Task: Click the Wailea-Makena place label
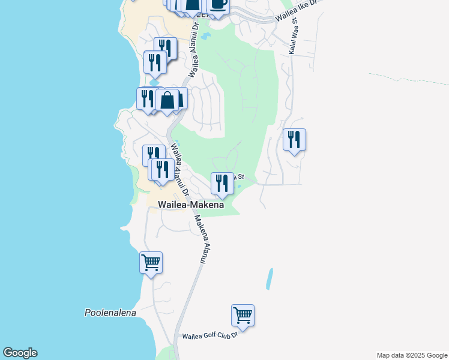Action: (190, 205)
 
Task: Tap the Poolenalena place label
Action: (110, 313)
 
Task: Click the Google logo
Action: (20, 353)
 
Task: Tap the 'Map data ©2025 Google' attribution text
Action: (412, 355)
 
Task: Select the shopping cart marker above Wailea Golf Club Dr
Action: (243, 314)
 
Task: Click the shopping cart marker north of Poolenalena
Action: (151, 262)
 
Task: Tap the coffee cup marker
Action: (218, 5)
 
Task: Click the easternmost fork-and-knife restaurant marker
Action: (294, 139)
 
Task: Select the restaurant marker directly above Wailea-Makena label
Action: (222, 183)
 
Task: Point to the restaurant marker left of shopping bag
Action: (147, 98)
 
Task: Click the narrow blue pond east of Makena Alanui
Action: (270, 279)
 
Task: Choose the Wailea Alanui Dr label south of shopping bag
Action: (179, 170)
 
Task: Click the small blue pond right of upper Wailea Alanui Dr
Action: (206, 37)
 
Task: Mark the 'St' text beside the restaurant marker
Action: (240, 176)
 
